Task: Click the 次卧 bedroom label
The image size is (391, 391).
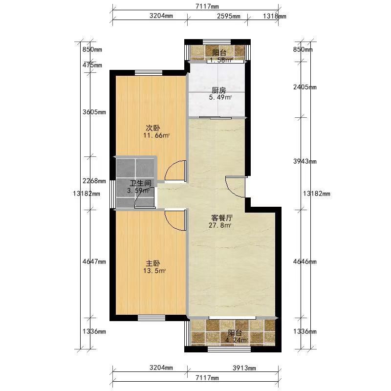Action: (x=153, y=128)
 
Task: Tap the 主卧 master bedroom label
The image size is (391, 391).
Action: (x=153, y=263)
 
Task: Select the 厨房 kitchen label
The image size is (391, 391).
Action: (x=218, y=90)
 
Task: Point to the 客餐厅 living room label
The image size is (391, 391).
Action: (x=222, y=218)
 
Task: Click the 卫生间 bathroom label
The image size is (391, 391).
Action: (x=140, y=183)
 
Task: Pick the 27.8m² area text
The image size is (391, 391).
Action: (x=220, y=225)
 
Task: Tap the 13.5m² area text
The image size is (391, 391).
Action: (x=154, y=271)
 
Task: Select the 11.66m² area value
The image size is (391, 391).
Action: (x=156, y=136)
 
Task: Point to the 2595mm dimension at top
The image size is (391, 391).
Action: (x=229, y=16)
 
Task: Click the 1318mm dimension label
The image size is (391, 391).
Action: (x=275, y=16)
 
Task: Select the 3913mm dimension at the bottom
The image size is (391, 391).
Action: (x=244, y=368)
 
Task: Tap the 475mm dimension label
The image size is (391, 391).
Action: (x=92, y=65)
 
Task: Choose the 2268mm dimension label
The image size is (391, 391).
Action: (x=94, y=181)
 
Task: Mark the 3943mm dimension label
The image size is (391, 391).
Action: (x=304, y=161)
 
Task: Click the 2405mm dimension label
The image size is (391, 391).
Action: (x=304, y=87)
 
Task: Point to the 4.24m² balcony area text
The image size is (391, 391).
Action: (x=237, y=340)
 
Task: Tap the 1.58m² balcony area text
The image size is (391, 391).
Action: (x=221, y=60)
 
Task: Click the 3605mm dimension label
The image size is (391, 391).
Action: (x=94, y=112)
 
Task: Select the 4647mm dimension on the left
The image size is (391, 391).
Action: (x=94, y=261)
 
